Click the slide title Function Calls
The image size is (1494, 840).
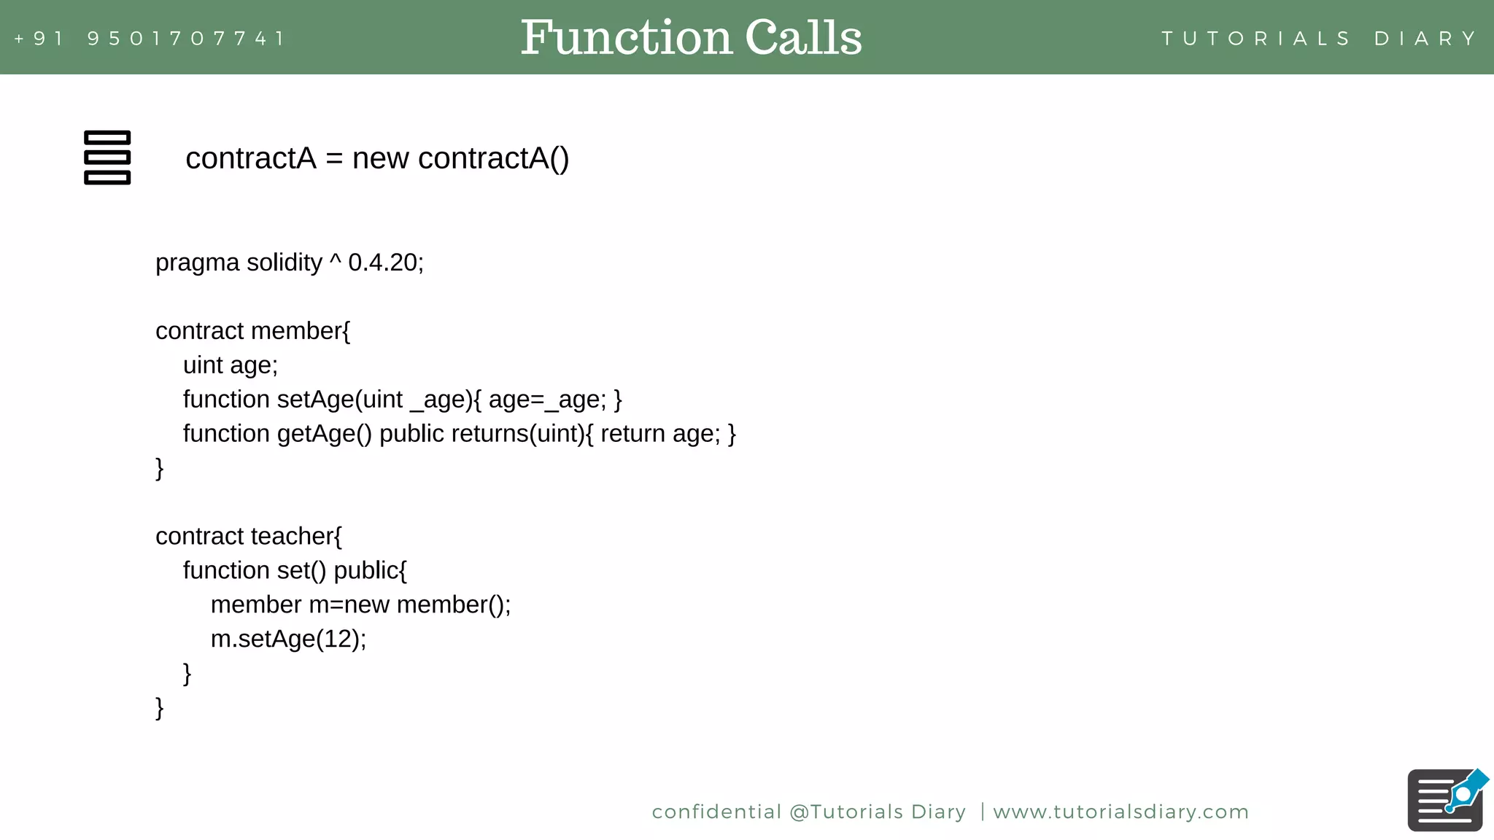tap(691, 38)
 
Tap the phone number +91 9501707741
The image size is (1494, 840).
tap(150, 39)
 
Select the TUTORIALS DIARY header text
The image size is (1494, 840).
tap(1319, 39)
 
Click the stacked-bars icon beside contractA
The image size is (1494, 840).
tap(107, 157)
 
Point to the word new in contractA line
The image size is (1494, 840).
tap(380, 158)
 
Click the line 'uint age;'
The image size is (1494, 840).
tap(230, 365)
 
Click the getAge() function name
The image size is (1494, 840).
tap(324, 434)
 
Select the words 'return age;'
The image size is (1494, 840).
tap(660, 434)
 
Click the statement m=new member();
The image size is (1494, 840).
tap(409, 604)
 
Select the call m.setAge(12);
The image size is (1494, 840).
tap(288, 639)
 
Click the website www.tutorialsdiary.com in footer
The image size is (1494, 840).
tap(1120, 812)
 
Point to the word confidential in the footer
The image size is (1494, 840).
tap(716, 812)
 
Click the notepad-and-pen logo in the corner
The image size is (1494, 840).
tap(1446, 800)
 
